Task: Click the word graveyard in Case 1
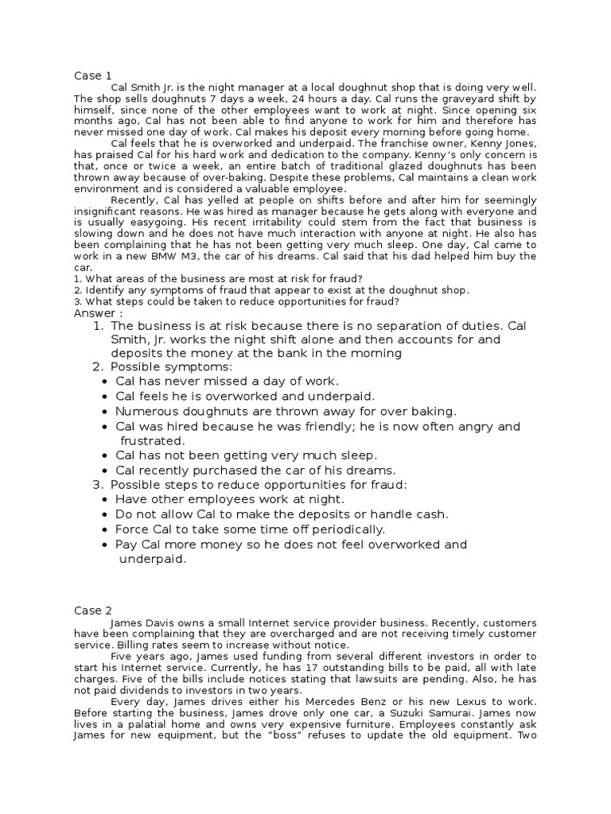click(x=426, y=98)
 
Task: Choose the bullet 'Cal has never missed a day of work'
click(x=227, y=382)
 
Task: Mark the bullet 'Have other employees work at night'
click(x=230, y=499)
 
